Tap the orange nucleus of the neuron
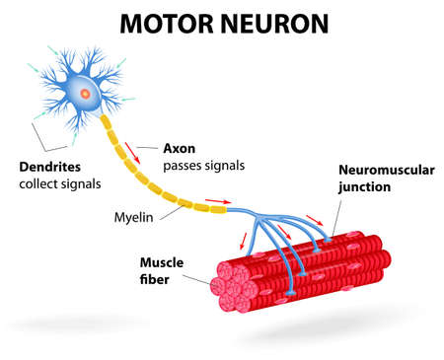point(84,94)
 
